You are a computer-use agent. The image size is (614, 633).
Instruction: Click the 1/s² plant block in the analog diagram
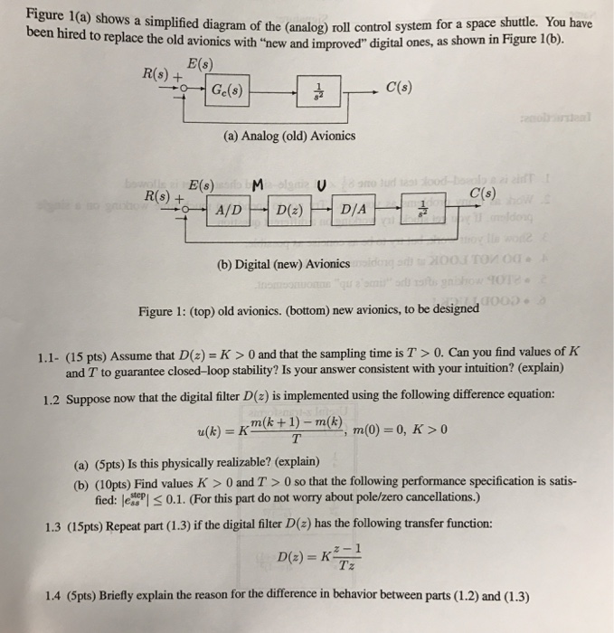point(316,90)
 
